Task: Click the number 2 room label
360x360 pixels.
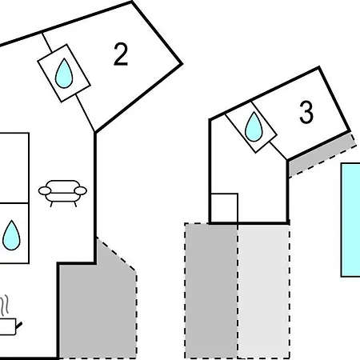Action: (121, 54)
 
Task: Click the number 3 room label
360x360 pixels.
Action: (306, 112)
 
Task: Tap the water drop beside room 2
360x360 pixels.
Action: (64, 74)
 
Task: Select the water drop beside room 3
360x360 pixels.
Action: (254, 127)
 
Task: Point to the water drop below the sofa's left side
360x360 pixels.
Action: (11, 235)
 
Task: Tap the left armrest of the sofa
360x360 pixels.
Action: (45, 190)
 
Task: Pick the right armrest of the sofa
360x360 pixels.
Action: (81, 190)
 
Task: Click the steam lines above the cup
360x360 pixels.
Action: (5, 305)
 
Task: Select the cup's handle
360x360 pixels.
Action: (18, 326)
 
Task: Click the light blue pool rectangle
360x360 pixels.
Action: (350, 220)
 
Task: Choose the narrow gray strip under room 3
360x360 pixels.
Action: (322, 154)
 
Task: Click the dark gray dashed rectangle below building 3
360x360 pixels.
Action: (211, 290)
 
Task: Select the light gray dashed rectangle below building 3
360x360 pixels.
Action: (263, 290)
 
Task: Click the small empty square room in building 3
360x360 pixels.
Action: (224, 208)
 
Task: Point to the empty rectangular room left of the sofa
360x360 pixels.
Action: (14, 168)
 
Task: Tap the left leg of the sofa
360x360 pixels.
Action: (51, 204)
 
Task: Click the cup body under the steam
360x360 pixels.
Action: (7, 326)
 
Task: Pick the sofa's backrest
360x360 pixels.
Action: (62, 185)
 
